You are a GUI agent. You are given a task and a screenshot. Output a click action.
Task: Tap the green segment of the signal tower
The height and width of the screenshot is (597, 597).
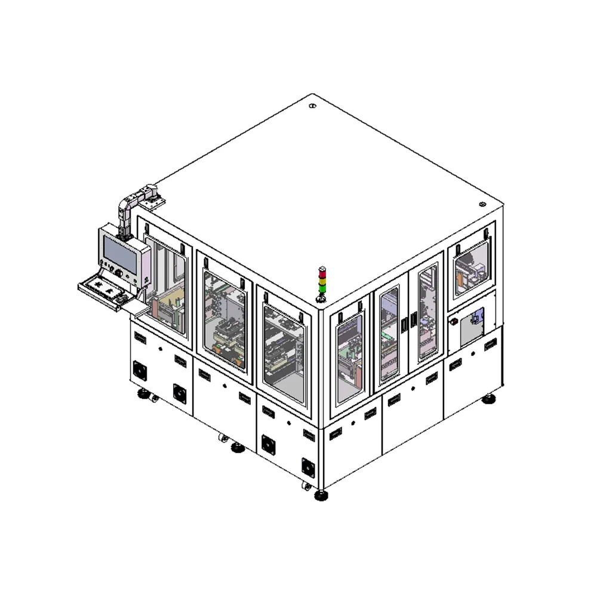point(322,288)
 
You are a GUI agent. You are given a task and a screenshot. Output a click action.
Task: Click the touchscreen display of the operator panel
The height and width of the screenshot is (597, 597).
point(120,251)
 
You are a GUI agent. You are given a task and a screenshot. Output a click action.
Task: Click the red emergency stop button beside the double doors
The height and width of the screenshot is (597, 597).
point(454,322)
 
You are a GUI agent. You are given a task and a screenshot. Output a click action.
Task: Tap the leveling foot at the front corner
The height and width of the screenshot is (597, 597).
point(322,494)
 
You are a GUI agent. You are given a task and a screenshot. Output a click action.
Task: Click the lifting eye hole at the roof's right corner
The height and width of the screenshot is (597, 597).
point(482,204)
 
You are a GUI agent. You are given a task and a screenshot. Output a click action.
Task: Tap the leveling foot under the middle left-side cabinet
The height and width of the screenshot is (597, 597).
point(237,447)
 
